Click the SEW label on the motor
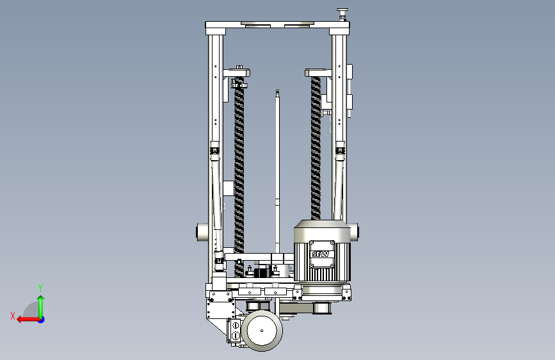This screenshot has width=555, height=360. click(320, 254)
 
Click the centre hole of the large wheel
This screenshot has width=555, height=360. click(262, 331)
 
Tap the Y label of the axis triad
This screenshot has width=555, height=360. click(40, 288)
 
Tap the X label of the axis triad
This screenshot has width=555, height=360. click(13, 316)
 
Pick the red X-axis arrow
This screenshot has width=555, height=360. click(29, 320)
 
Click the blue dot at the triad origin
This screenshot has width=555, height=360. click(41, 320)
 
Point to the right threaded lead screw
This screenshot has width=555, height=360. click(316, 148)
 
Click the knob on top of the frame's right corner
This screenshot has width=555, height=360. click(342, 14)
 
